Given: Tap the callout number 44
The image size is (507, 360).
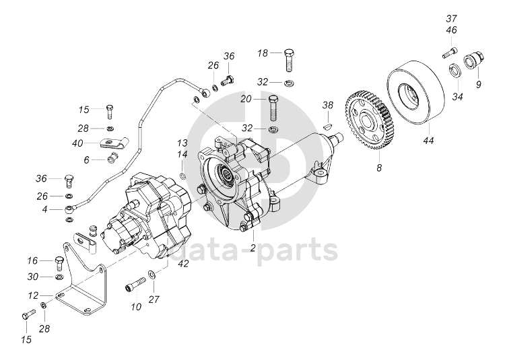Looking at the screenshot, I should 428,142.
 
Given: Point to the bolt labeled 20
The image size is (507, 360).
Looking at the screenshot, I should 274,106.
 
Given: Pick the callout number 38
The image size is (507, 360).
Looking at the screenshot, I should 328,105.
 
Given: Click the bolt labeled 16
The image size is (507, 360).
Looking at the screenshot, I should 59,260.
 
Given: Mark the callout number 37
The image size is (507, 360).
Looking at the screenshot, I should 451,17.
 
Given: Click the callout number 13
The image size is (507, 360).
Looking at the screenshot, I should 182,143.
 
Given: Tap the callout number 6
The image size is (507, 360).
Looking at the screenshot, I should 86,159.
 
